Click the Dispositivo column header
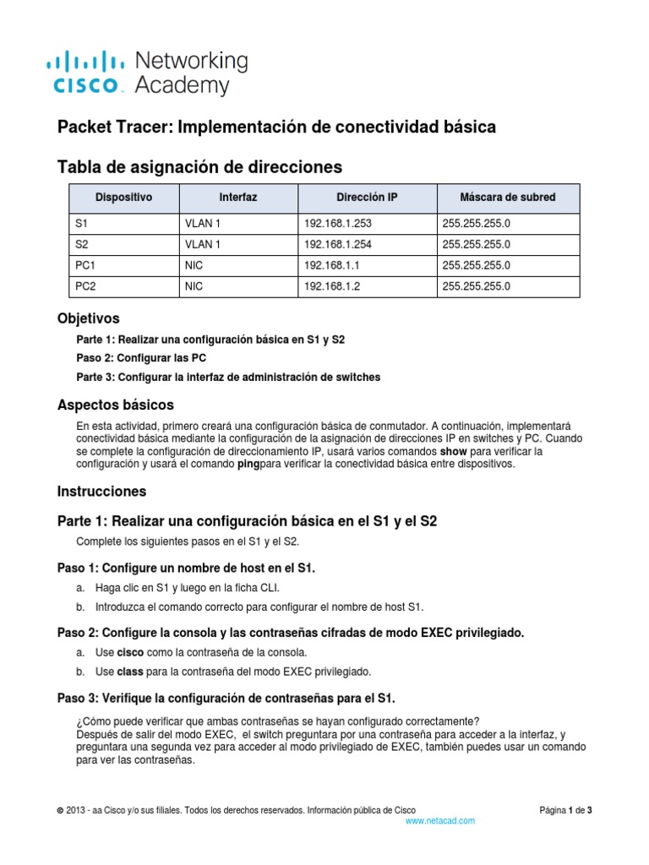pos(123,198)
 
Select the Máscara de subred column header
pos(507,198)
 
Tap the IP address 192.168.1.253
pos(337,224)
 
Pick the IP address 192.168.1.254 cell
pos(337,245)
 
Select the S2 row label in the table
pos(82,245)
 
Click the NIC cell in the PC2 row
pos(194,287)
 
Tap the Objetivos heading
pos(88,318)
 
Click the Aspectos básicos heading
pos(115,405)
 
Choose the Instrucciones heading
pos(101,491)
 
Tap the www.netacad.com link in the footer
pos(440,820)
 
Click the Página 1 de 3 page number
pos(565,810)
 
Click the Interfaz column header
pos(238,198)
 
